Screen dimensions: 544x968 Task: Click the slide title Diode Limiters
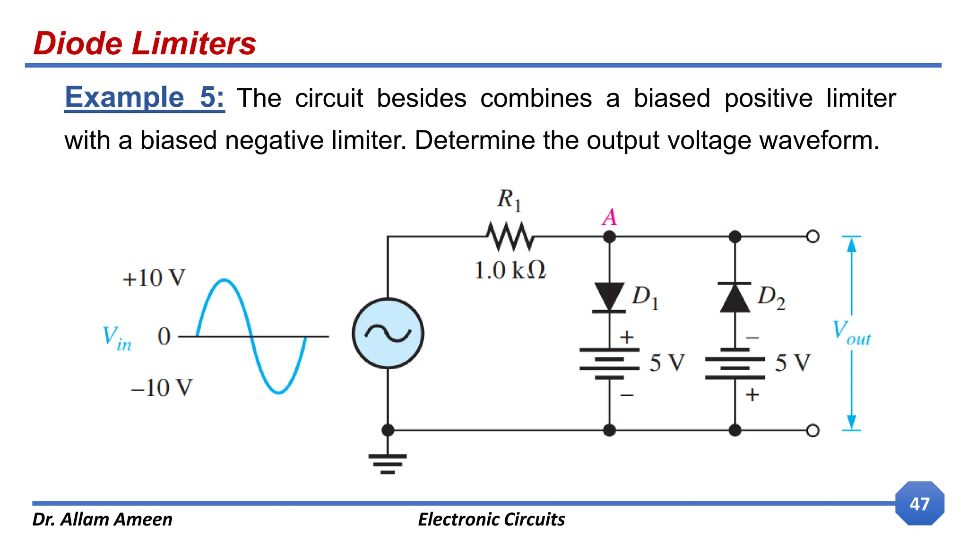tap(145, 43)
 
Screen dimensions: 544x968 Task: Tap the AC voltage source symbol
tap(388, 333)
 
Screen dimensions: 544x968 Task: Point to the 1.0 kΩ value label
tap(510, 271)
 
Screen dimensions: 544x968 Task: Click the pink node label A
tap(609, 217)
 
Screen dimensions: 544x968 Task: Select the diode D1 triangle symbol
tap(609, 297)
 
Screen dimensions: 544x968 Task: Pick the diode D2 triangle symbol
tap(735, 297)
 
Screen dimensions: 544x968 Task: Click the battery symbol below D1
tap(609, 364)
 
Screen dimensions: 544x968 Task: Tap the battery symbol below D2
tap(735, 364)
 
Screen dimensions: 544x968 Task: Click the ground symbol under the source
tap(388, 463)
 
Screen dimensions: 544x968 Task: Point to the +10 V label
tap(154, 278)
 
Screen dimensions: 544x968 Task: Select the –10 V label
tap(162, 388)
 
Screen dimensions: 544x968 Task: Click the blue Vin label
tap(117, 339)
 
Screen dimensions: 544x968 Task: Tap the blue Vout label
tap(851, 332)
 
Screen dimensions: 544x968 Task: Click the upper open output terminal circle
tap(812, 236)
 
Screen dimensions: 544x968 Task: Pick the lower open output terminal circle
tap(812, 430)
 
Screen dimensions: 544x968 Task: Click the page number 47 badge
tap(919, 503)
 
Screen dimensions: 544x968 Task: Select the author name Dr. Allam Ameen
tap(102, 519)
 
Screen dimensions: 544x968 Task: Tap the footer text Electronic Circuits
tap(491, 519)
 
